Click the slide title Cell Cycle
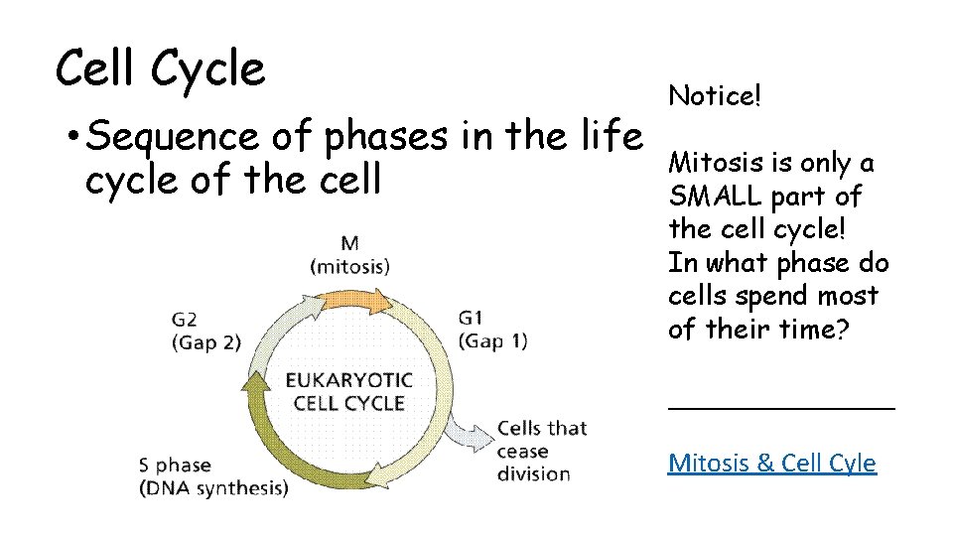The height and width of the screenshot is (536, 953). point(161,69)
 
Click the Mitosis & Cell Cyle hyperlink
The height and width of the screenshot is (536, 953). point(771,463)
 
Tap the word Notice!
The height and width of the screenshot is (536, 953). point(715,96)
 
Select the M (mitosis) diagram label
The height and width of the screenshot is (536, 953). point(350,254)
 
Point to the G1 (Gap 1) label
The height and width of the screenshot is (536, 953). point(492,330)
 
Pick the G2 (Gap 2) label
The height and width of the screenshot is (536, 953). point(206,330)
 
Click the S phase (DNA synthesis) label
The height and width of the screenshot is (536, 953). point(213,476)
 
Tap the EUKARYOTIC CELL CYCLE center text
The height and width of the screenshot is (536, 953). point(347,392)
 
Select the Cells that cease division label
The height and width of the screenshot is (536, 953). point(541,451)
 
